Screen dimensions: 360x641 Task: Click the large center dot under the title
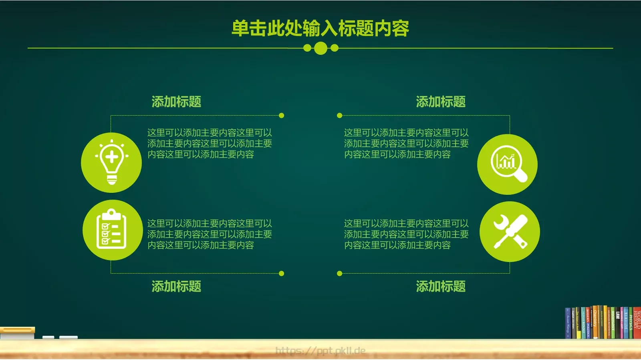[320, 48]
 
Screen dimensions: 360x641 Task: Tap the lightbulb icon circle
[111, 163]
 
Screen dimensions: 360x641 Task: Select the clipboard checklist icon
[113, 230]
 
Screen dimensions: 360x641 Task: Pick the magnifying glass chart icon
[508, 164]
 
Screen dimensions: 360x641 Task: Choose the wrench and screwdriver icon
[510, 232]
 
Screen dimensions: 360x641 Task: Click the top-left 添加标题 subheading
[176, 102]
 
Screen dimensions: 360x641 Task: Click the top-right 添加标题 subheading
[441, 102]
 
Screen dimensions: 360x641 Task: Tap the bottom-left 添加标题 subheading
[176, 286]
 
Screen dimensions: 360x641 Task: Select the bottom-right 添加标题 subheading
[441, 286]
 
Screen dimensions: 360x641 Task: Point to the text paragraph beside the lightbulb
[210, 144]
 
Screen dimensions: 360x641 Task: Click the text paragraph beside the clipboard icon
[210, 234]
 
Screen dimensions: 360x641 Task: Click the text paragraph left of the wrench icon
[406, 234]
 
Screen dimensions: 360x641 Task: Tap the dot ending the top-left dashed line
[282, 116]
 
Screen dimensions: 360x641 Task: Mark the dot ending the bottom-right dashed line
[340, 274]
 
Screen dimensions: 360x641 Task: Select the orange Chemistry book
[595, 322]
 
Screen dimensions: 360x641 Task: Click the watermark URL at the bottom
[320, 351]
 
